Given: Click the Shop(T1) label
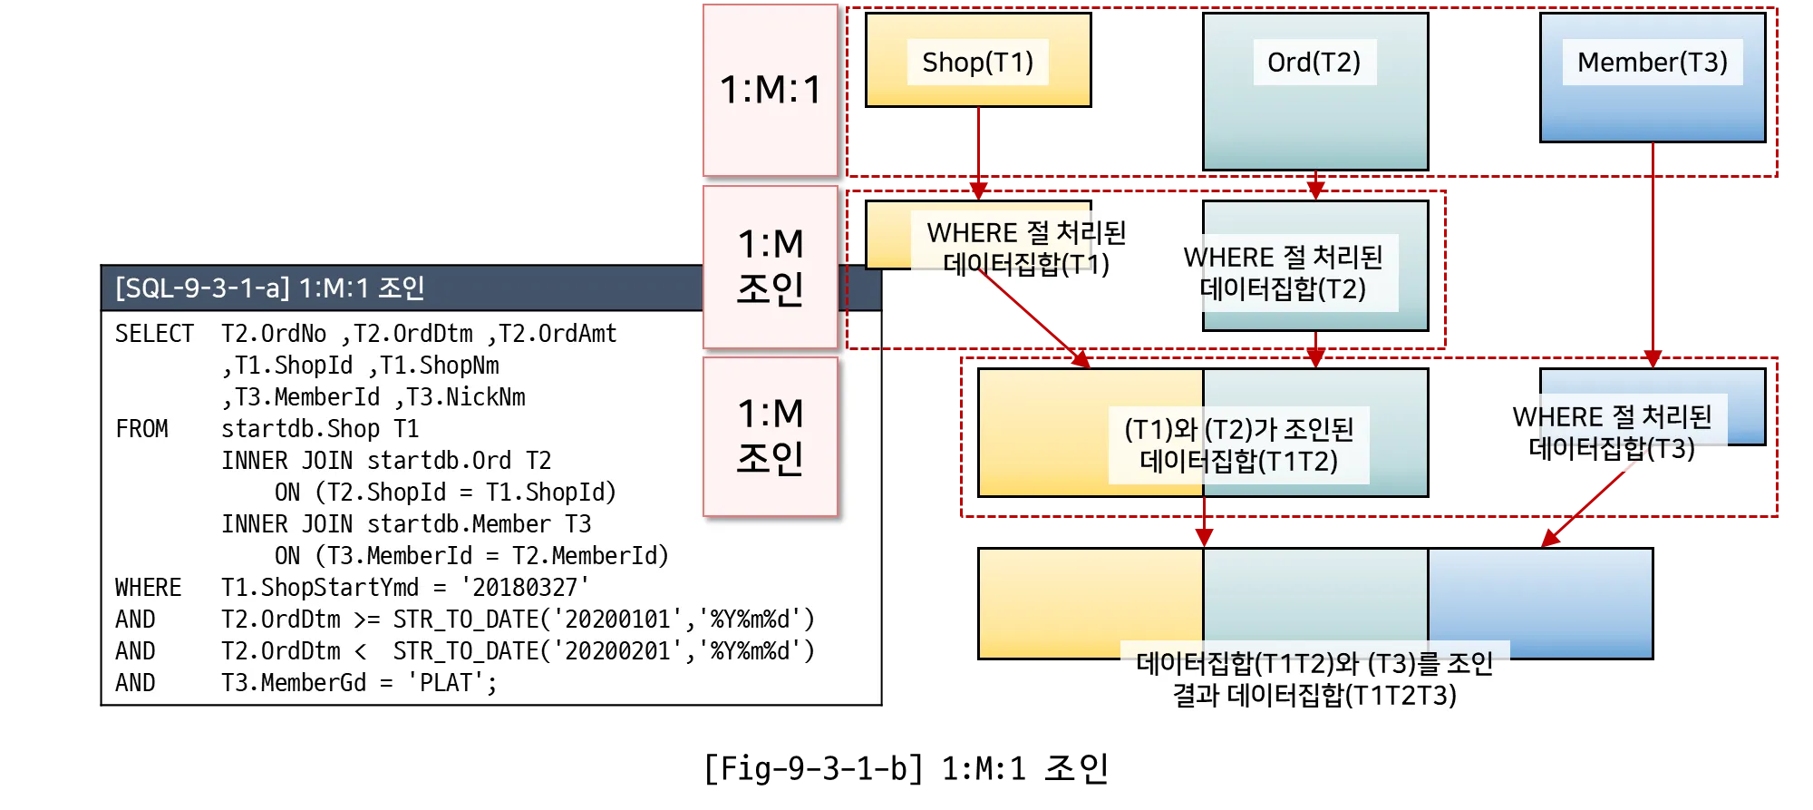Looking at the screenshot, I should pyautogui.click(x=977, y=62).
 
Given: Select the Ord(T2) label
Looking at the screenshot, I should pyautogui.click(x=1314, y=62).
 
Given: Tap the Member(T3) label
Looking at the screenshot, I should pyautogui.click(x=1652, y=62).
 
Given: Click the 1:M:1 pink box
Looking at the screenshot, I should pyautogui.click(x=771, y=90).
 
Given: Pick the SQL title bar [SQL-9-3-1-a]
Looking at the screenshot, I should pyautogui.click(x=270, y=288).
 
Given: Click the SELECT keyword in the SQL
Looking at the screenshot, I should pyautogui.click(x=154, y=334).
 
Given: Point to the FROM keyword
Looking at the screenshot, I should pyautogui.click(x=141, y=429).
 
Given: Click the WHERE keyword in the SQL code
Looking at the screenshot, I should pyautogui.click(x=148, y=588).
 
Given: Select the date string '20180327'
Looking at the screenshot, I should pyautogui.click(x=525, y=588).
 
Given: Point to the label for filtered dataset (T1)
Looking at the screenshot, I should pyautogui.click(x=1026, y=249).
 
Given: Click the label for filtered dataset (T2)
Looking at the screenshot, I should pyautogui.click(x=1283, y=273).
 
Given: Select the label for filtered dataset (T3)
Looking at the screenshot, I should pyautogui.click(x=1612, y=432).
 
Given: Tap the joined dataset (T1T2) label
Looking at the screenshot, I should pyautogui.click(x=1238, y=444).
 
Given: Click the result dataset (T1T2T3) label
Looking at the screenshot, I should pyautogui.click(x=1314, y=679).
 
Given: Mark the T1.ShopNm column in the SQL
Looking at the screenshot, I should pyautogui.click(x=439, y=366).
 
